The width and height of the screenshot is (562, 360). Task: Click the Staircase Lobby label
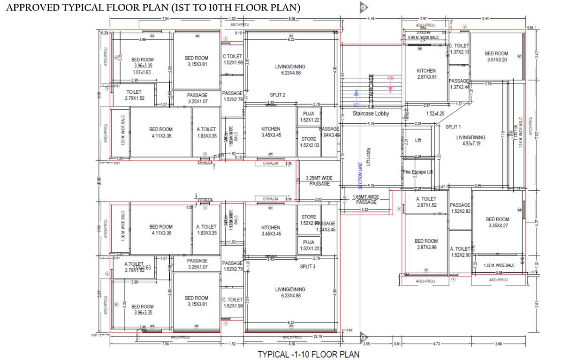[371, 113]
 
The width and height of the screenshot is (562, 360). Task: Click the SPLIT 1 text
[453, 127]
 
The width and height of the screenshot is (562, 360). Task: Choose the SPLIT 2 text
[277, 95]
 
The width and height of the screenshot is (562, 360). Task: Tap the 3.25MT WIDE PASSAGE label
[319, 181]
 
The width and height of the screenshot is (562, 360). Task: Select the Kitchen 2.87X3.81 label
[426, 74]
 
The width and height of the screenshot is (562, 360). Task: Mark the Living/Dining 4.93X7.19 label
[471, 141]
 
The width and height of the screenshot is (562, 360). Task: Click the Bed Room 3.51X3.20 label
[496, 57]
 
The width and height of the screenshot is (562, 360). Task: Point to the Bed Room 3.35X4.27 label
[497, 223]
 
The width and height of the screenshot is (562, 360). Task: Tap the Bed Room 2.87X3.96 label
[426, 244]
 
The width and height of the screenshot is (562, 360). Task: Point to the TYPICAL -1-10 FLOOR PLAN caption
[308, 354]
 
